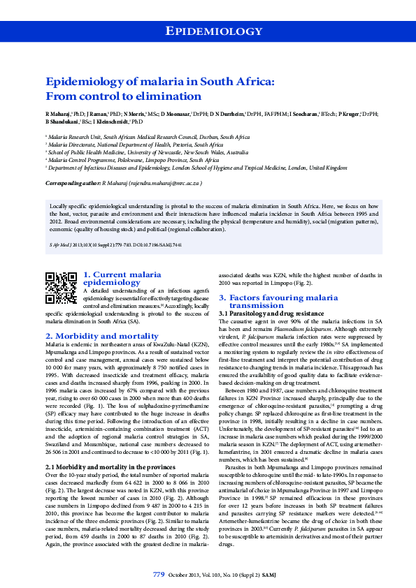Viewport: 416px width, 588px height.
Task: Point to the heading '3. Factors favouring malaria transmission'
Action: coord(278,302)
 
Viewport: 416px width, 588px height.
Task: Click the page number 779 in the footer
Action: coord(159,574)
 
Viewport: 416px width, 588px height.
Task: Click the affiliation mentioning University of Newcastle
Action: coord(148,152)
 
